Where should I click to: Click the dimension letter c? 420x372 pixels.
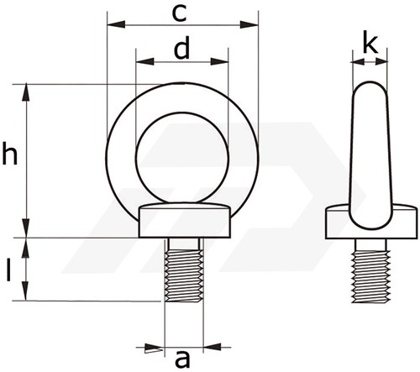click(x=179, y=14)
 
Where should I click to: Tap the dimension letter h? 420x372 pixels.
click(x=10, y=153)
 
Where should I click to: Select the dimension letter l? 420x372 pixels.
click(x=9, y=270)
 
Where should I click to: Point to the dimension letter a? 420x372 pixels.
click(x=182, y=359)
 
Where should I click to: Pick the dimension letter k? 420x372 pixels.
click(x=370, y=44)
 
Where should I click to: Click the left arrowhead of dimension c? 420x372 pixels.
click(x=116, y=24)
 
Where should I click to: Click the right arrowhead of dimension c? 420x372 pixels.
click(x=249, y=24)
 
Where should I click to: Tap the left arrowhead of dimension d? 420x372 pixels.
click(x=144, y=61)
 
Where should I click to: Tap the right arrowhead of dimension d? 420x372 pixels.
click(x=219, y=61)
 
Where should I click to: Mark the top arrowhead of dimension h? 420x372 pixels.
click(x=26, y=92)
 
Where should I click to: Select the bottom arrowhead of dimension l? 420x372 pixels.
click(x=26, y=291)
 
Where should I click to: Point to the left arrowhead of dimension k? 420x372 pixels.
click(x=359, y=61)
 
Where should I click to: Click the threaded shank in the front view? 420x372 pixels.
click(x=184, y=275)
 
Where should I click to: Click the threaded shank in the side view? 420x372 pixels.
click(x=371, y=276)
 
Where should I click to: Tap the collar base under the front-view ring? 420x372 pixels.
click(x=185, y=223)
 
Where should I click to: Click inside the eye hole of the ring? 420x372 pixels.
click(x=182, y=158)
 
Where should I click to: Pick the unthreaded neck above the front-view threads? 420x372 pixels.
click(x=184, y=244)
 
